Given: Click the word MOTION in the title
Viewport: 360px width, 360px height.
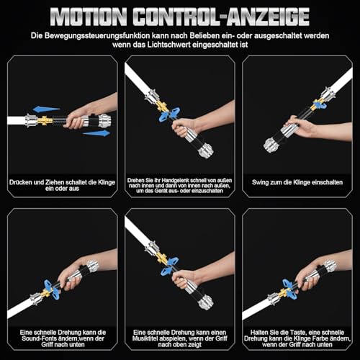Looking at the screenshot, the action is [x=89, y=17].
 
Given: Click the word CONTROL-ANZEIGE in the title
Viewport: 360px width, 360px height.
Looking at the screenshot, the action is [x=221, y=17].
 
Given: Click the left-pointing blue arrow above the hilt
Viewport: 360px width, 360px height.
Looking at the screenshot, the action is [x=46, y=109].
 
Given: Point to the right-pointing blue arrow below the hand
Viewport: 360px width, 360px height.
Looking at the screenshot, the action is [x=96, y=133].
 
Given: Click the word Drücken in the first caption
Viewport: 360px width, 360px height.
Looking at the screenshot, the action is [x=21, y=182].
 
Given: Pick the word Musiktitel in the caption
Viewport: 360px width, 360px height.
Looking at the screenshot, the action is [x=145, y=338].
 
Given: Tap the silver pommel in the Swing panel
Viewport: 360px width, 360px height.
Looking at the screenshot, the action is [x=270, y=145].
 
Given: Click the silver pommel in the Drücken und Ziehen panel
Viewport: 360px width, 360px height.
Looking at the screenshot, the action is [x=105, y=121].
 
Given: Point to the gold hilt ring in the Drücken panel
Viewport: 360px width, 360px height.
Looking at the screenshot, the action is [x=45, y=120].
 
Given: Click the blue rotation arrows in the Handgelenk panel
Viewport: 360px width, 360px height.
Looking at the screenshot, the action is [x=169, y=114].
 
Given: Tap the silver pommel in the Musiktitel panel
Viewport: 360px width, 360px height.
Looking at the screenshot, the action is [x=206, y=302].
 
